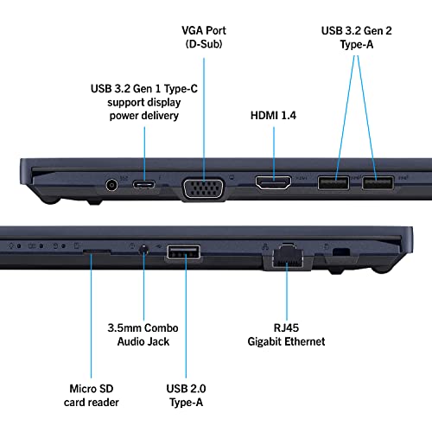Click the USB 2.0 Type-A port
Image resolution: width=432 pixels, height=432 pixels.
[x=183, y=253]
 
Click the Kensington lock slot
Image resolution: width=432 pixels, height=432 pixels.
[x=341, y=251]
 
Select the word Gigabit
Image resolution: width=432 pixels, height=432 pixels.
[x=264, y=341]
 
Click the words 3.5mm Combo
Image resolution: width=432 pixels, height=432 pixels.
[x=144, y=326]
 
